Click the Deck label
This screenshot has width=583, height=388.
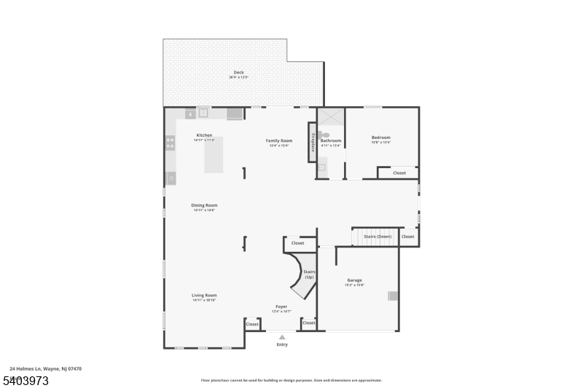pos(238,73)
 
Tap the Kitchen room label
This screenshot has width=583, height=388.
pos(204,135)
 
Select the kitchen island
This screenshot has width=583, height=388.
pos(214,154)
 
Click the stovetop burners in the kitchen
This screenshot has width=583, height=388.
pos(170,143)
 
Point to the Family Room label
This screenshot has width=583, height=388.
pos(278,140)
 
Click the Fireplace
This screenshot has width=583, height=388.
pos(313,140)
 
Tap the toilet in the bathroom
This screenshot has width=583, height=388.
pos(324,135)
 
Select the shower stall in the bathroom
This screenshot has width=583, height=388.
pos(330,119)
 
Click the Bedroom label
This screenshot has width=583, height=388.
pos(381,138)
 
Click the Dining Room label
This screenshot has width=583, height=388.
pos(204,205)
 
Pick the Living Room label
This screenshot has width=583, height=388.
pos(204,295)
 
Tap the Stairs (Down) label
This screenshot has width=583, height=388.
pos(377,237)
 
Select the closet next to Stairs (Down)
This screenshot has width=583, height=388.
pos(407,237)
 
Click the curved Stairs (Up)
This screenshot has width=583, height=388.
pos(303,274)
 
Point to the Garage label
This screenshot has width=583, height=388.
pos(354,280)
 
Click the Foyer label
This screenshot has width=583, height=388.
pos(281,306)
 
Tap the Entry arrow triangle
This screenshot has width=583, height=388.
pos(282,337)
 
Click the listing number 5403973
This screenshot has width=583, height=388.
pos(26,380)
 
